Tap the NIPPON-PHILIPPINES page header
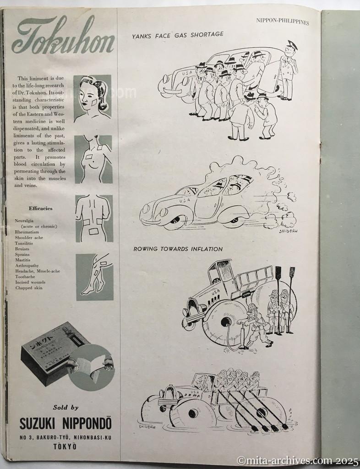[282, 22]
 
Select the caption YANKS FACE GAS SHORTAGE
[178, 34]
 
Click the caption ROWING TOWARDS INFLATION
[178, 249]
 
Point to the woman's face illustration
[92, 97]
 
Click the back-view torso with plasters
[93, 218]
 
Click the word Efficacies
[41, 208]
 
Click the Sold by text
[65, 407]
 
